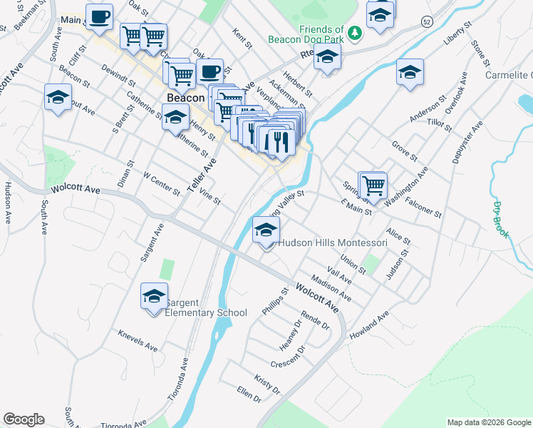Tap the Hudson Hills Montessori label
[x=332, y=243]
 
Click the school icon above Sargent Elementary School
[x=154, y=297]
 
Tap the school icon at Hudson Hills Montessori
[x=266, y=230]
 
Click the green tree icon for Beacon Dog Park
[x=355, y=32]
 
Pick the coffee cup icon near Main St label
[x=99, y=16]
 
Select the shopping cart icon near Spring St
[x=373, y=185]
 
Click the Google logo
[x=24, y=419]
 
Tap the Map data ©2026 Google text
[x=488, y=422]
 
